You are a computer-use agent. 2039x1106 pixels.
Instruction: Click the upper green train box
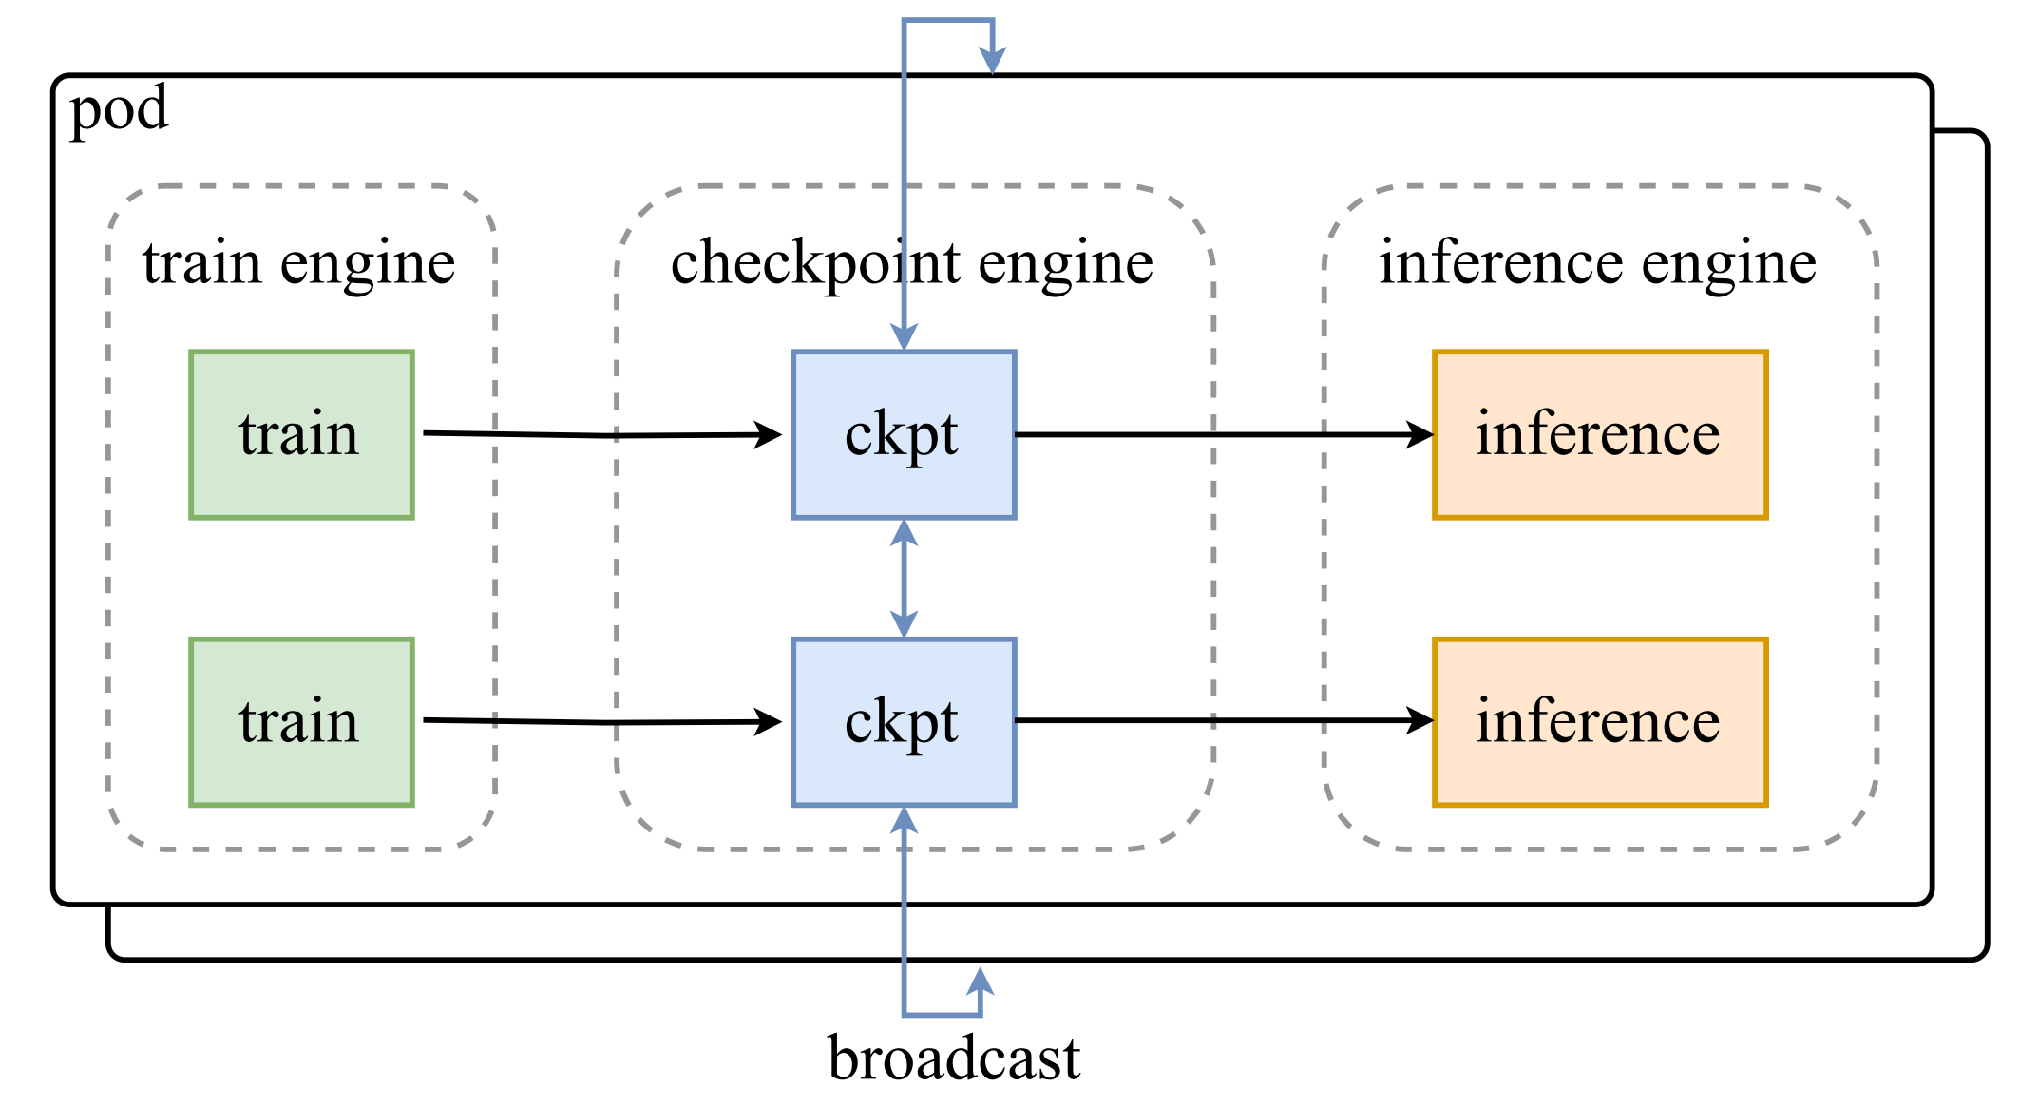(301, 434)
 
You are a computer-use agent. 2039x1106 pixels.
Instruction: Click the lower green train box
(301, 722)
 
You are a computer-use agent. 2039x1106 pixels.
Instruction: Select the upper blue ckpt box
(904, 434)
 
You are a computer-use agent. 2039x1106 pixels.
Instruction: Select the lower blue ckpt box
(904, 722)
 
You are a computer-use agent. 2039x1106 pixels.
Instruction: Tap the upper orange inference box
(1600, 434)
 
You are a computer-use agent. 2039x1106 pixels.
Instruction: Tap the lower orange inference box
(1600, 722)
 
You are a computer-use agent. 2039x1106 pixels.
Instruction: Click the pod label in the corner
(120, 109)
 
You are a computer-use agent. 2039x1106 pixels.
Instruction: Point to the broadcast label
(953, 1058)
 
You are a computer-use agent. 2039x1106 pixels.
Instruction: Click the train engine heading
(299, 262)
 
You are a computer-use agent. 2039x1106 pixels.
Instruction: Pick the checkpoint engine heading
(912, 262)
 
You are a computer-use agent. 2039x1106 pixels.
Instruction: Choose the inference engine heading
(1598, 262)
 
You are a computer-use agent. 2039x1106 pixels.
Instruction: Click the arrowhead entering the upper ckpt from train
(770, 435)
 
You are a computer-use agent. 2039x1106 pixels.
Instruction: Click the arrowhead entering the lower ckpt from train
(770, 722)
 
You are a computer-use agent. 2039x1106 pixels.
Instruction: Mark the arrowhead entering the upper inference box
(1421, 435)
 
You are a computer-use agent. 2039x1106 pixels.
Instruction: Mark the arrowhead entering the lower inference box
(1421, 721)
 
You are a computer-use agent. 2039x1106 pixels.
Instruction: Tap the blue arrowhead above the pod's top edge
(993, 60)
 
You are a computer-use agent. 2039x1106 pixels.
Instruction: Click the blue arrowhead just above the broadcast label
(981, 981)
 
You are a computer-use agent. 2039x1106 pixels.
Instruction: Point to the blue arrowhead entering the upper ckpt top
(904, 337)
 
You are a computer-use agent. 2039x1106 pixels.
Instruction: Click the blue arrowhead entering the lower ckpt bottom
(904, 819)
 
